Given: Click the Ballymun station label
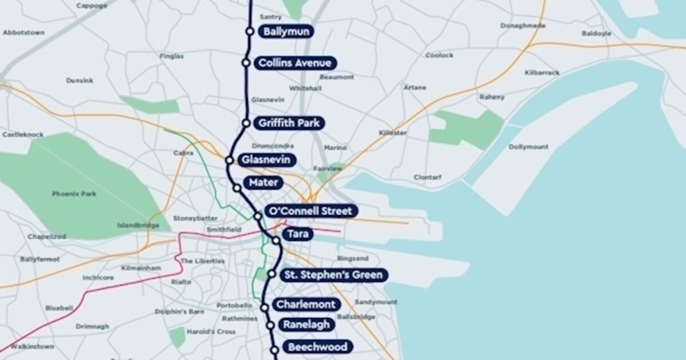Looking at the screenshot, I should coord(286,31).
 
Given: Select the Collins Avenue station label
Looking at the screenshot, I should coord(294,63).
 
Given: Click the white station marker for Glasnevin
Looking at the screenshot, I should coord(230,160).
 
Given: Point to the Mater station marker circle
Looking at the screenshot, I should coord(237,187).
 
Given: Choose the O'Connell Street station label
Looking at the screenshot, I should coord(311,211).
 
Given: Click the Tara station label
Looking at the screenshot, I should coord(297,234).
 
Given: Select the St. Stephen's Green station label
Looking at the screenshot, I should coord(333,275).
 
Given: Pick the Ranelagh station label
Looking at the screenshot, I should coord(306,325).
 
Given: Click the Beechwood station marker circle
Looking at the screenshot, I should coord(274,350).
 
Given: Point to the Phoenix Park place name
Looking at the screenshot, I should coord(74,194).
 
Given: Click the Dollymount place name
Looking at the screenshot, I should coord(528,147).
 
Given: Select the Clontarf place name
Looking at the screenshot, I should coord(428,177).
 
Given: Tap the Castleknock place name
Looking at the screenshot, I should coord(23,134).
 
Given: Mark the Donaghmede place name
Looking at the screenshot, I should coord(523,26).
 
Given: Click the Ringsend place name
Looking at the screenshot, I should coord(353,258).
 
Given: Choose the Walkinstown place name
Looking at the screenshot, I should coord(33,346).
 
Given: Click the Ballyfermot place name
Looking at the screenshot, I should coord(39,259).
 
